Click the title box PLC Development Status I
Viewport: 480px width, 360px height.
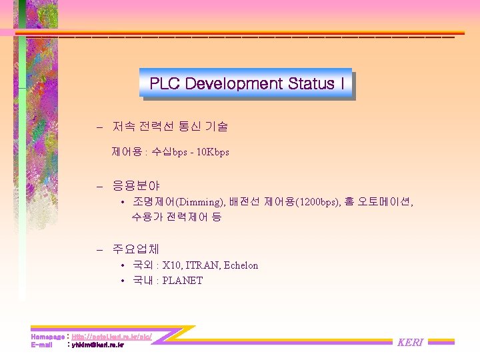246,84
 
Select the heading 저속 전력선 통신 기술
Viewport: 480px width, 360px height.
171,126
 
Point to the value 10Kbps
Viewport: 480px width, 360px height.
211,152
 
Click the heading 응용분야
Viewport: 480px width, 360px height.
136,185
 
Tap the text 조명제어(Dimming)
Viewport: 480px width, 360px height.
178,202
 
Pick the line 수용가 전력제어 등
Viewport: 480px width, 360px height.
177,217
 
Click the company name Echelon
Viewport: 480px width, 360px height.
241,265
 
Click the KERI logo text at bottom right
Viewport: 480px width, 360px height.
410,342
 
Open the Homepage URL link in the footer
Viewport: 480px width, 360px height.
111,337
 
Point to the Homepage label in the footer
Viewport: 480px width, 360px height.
47,337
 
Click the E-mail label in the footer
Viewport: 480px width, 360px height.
41,345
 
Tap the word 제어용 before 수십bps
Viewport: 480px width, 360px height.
127,152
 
